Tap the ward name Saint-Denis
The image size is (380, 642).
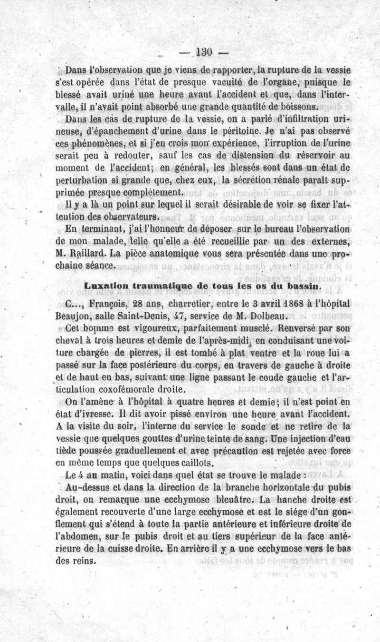154,315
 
